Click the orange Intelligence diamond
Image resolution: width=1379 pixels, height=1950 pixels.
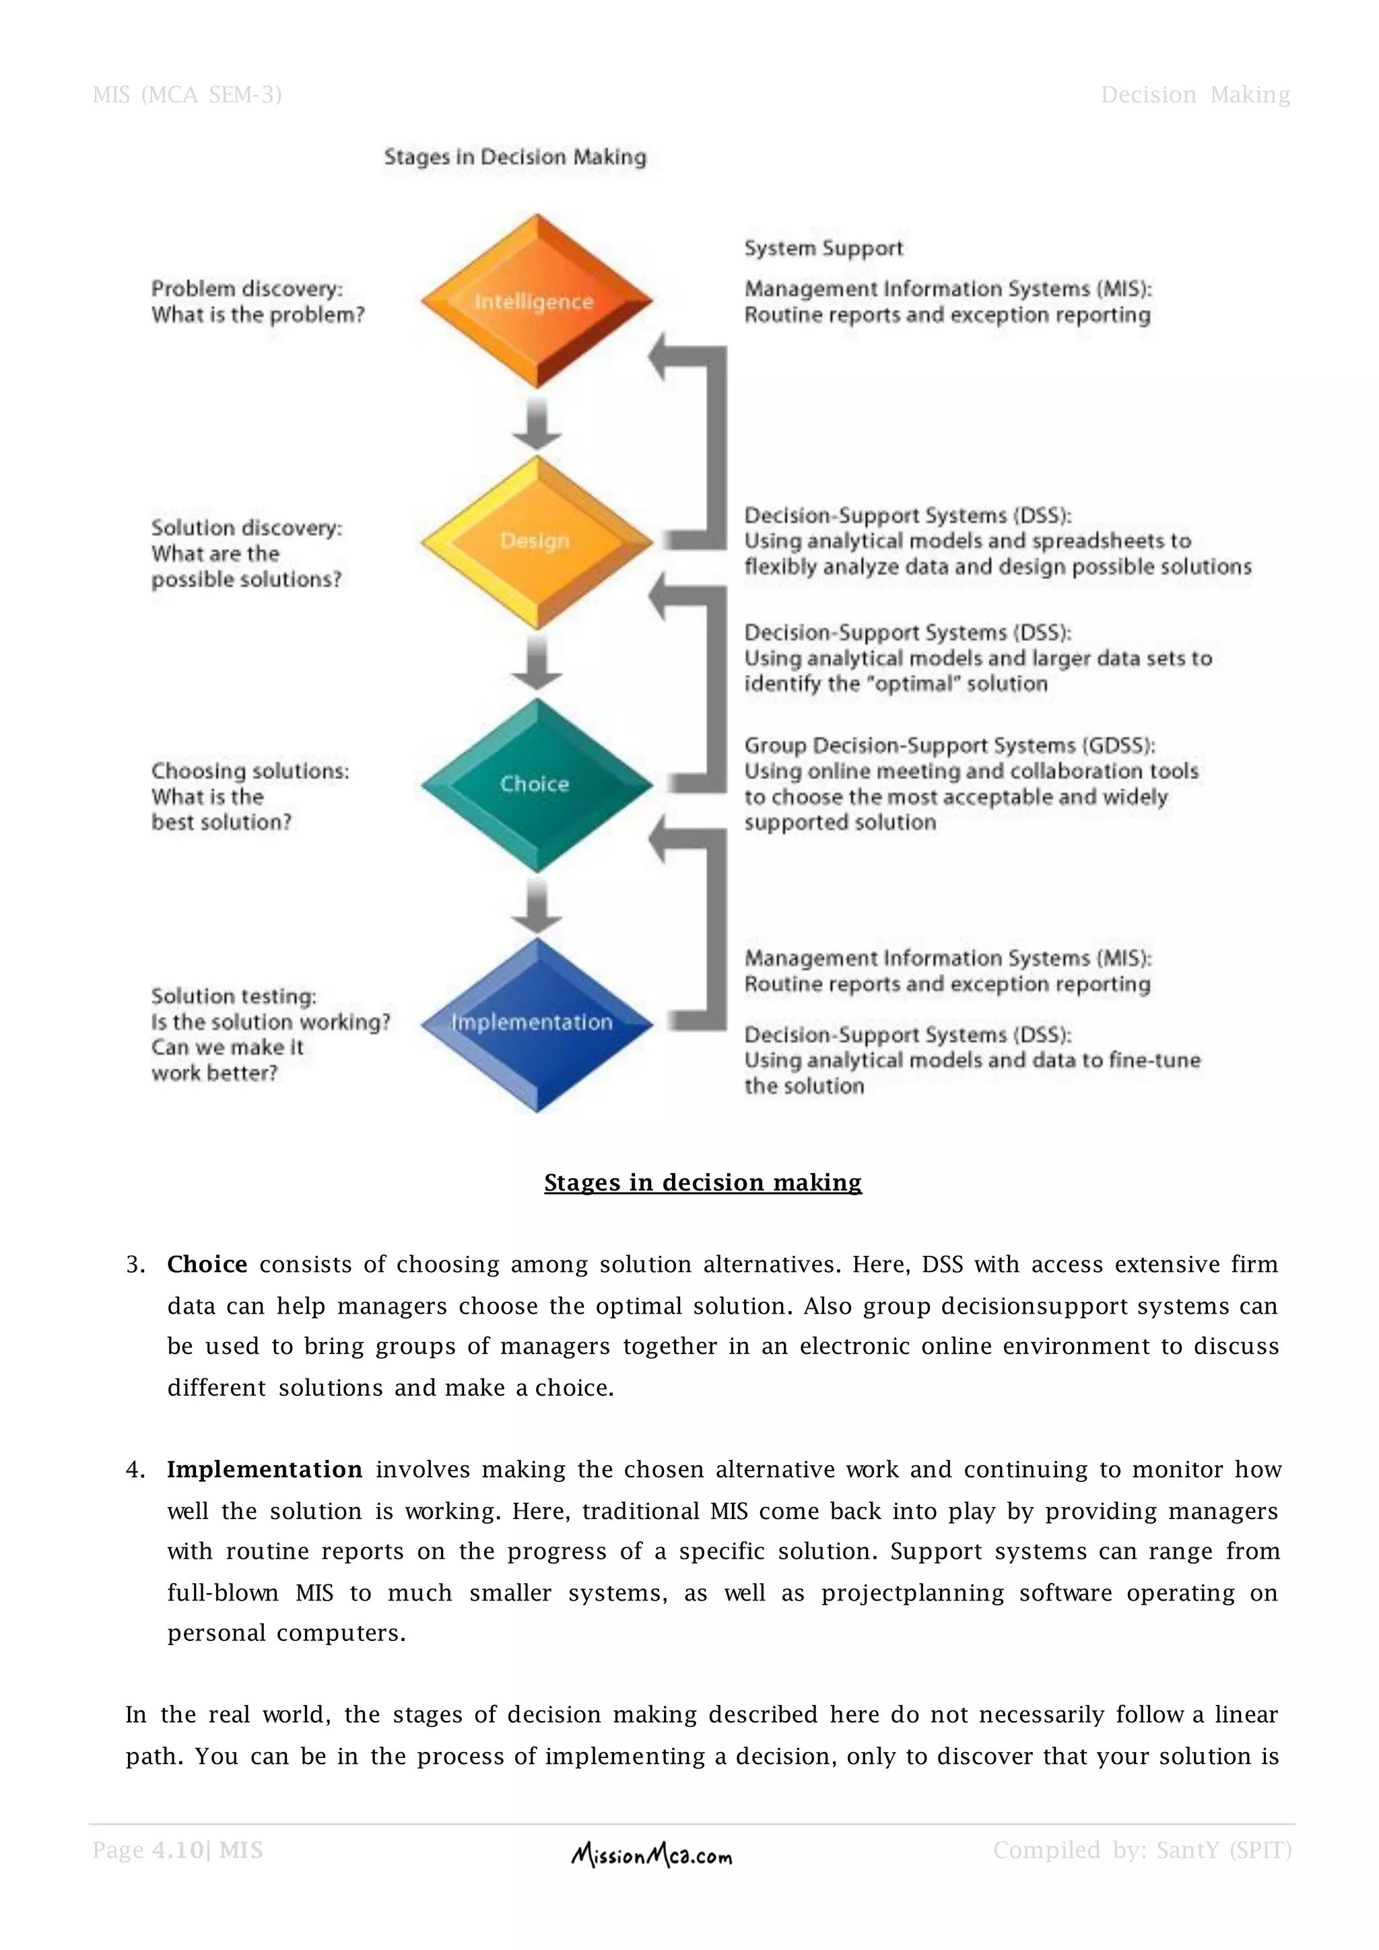pyautogui.click(x=536, y=301)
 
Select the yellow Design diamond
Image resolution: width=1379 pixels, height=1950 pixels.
pyautogui.click(x=536, y=541)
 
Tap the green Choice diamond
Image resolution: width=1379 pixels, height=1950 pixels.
pyautogui.click(x=536, y=784)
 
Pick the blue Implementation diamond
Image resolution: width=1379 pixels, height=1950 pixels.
pyautogui.click(x=536, y=1023)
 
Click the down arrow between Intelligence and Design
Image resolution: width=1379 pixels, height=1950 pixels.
pyautogui.click(x=537, y=423)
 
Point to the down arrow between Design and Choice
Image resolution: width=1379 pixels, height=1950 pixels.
pyautogui.click(x=537, y=663)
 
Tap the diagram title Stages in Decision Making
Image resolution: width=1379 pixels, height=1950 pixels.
pyautogui.click(x=514, y=157)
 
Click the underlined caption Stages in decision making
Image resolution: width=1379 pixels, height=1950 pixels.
pyautogui.click(x=702, y=1182)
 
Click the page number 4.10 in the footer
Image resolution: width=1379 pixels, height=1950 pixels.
pyautogui.click(x=178, y=1850)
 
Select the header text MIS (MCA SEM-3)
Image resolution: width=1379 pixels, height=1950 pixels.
pyautogui.click(x=187, y=94)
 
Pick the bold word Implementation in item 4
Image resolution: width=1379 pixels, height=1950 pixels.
pyautogui.click(x=264, y=1470)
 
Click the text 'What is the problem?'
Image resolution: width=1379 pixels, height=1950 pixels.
pyautogui.click(x=257, y=315)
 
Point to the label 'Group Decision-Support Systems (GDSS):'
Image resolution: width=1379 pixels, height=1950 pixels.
pyautogui.click(x=949, y=745)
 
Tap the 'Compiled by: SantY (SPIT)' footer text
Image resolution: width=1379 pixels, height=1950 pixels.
pyautogui.click(x=1142, y=1850)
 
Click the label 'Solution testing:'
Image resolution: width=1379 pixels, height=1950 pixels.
pyautogui.click(x=234, y=997)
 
